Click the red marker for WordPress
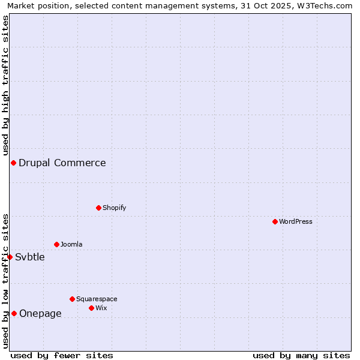[x=275, y=221]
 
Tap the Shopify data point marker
[x=98, y=208]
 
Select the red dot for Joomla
[x=56, y=244]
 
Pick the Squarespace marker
[x=72, y=299]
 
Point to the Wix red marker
[x=91, y=308]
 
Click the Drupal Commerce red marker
[x=13, y=163]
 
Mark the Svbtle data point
[x=10, y=257]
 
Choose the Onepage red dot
[x=14, y=313]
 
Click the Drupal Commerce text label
[x=62, y=163]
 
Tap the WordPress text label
[x=295, y=221]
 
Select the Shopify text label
[x=114, y=208]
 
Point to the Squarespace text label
[x=97, y=299]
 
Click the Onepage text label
[x=40, y=313]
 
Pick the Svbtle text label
[x=30, y=257]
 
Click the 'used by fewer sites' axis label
[x=62, y=355]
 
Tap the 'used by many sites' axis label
[x=301, y=355]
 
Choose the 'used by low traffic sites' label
[x=5, y=280]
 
